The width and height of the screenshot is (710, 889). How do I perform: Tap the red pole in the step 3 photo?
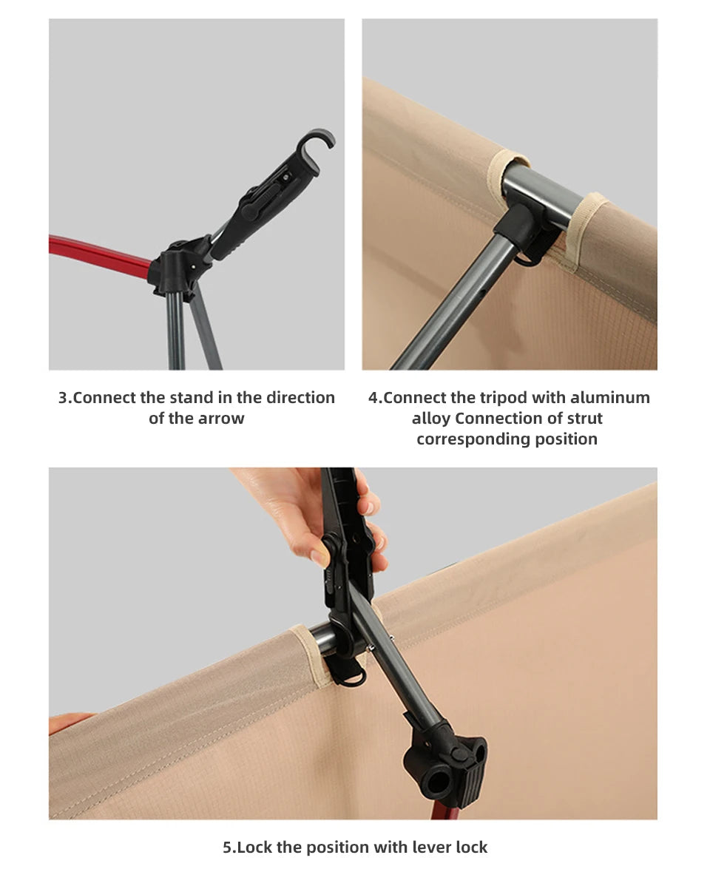[99, 253]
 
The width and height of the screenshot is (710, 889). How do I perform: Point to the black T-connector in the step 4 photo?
[525, 231]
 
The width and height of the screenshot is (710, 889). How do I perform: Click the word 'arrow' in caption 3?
[221, 419]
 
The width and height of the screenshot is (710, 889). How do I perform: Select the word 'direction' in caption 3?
[300, 397]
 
